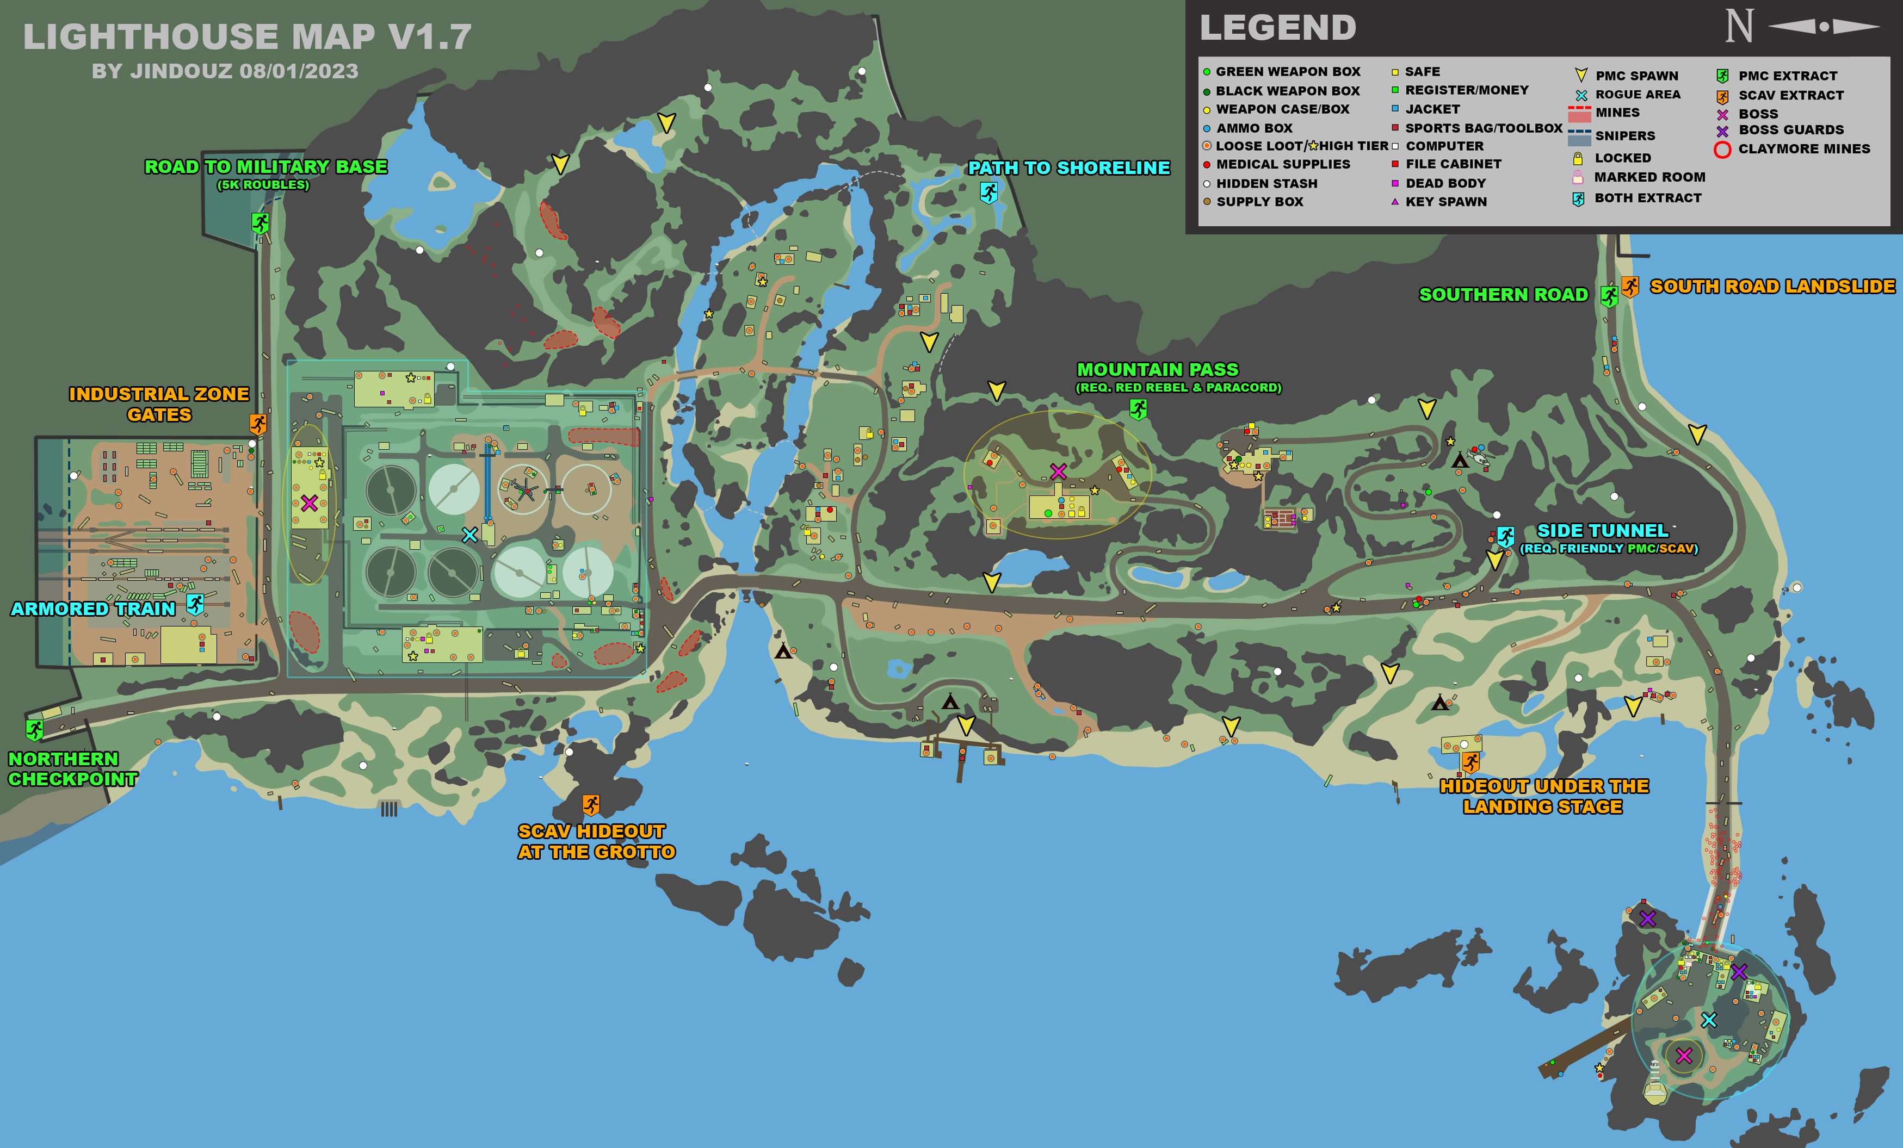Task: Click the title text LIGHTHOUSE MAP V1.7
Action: pos(247,37)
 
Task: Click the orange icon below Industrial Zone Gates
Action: pos(258,424)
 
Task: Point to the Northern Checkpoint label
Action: pos(72,769)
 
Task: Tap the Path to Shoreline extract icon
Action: pos(988,191)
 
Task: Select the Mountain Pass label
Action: pos(1157,370)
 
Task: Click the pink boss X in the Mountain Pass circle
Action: pos(1058,471)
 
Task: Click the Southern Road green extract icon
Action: pos(1609,296)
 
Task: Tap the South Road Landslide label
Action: pos(1772,287)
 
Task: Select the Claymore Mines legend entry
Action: pos(1803,149)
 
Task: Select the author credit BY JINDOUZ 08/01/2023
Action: pos(225,71)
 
